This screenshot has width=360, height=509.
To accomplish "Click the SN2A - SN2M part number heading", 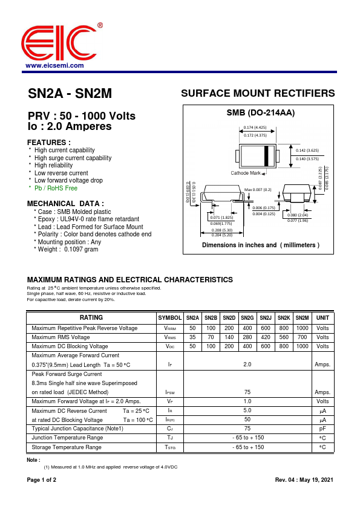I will [x=70, y=94].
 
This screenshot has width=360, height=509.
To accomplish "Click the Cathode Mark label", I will [x=245, y=173].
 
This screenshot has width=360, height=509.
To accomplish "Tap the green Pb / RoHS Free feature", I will [x=56, y=188].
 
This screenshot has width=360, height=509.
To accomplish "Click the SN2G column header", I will [x=247, y=318].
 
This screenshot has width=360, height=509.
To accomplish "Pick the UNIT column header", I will [x=322, y=318].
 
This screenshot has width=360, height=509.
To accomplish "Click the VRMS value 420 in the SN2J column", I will [x=265, y=337].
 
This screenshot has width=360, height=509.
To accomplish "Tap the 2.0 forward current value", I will [x=247, y=365].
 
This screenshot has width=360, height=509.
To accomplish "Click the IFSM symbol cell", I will [x=169, y=392].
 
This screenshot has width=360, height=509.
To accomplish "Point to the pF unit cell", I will [x=322, y=429].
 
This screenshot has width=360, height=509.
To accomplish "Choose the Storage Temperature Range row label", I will [x=67, y=447].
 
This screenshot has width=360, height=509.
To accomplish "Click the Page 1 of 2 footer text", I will [x=42, y=480].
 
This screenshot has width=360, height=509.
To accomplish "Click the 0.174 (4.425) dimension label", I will [x=255, y=128].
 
